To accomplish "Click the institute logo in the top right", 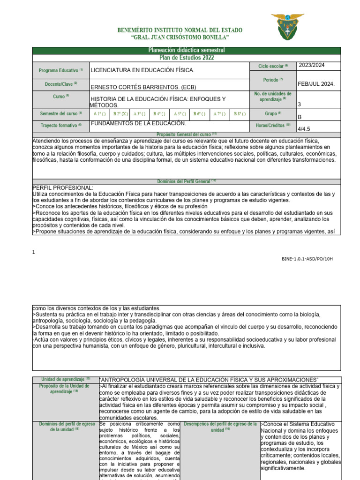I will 291,26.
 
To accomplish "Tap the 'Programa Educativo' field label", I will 60,70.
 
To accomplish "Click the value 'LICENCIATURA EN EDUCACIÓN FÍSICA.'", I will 142,70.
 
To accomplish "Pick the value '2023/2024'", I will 312,66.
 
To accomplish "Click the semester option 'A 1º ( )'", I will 100,114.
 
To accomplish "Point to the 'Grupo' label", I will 273,113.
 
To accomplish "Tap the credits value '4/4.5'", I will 305,128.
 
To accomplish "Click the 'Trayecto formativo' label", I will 60,125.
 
